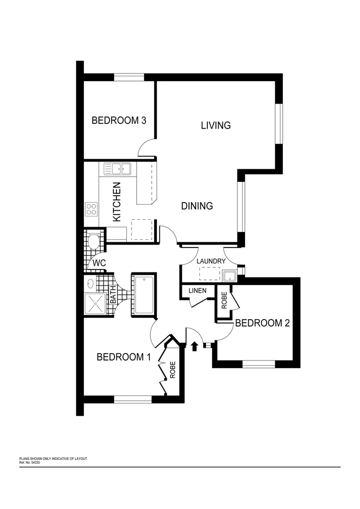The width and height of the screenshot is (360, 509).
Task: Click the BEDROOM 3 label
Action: coord(118,120)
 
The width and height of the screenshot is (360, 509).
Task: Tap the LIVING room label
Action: coord(215,125)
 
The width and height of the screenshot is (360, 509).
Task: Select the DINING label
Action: coord(197,206)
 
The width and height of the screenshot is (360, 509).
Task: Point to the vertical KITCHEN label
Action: coord(117,202)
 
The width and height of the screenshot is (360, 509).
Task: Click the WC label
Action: coord(98,262)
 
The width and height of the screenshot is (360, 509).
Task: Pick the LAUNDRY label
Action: coord(211,261)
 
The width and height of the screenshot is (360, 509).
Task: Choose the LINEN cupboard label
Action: coord(197,290)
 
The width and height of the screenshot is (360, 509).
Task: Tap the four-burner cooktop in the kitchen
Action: coord(91,209)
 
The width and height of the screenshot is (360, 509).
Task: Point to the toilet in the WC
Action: coord(93,242)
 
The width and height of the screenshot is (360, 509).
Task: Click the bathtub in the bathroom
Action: coord(144,295)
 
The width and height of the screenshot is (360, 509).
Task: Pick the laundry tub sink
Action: coord(229,275)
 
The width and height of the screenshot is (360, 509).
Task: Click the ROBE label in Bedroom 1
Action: coord(172,370)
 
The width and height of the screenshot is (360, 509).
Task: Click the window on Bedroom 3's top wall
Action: coord(129,77)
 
